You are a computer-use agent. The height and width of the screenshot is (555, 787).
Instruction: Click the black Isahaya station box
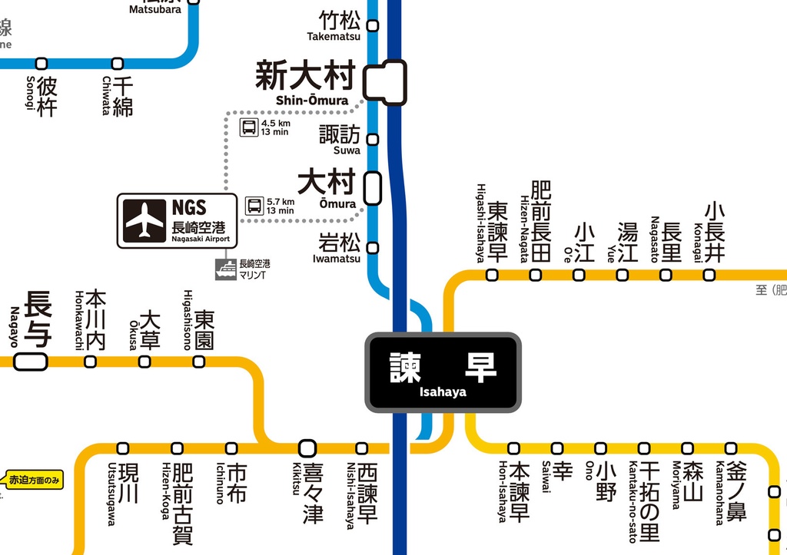tap(443, 372)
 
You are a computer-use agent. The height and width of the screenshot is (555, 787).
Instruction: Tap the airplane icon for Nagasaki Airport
tap(145, 220)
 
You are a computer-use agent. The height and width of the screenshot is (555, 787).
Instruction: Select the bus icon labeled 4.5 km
tap(249, 127)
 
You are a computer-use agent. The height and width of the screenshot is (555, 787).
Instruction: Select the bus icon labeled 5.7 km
tap(254, 206)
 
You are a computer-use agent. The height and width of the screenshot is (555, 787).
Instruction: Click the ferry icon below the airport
tap(226, 269)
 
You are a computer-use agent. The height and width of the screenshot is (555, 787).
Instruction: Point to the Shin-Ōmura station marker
tap(384, 81)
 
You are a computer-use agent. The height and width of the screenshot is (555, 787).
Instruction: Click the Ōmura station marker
tap(372, 187)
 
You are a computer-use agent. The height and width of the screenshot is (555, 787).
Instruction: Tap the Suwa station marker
tap(373, 139)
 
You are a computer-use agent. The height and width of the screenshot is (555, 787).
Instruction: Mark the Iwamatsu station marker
tap(373, 247)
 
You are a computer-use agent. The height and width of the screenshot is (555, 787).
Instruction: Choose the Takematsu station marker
tap(373, 25)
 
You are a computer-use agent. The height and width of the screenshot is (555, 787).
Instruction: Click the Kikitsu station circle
tap(307, 448)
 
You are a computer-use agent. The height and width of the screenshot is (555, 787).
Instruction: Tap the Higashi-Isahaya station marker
tap(492, 275)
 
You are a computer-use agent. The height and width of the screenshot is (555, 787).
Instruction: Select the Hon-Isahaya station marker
tap(513, 448)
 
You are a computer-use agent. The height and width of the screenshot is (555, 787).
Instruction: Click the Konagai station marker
tap(709, 275)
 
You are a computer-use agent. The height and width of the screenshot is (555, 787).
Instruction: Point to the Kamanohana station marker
tap(731, 448)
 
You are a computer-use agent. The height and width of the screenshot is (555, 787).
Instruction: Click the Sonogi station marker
tap(42, 63)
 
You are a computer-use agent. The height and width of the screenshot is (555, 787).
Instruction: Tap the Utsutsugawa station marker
tap(123, 448)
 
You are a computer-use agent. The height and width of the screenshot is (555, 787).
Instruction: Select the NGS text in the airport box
tap(189, 207)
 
